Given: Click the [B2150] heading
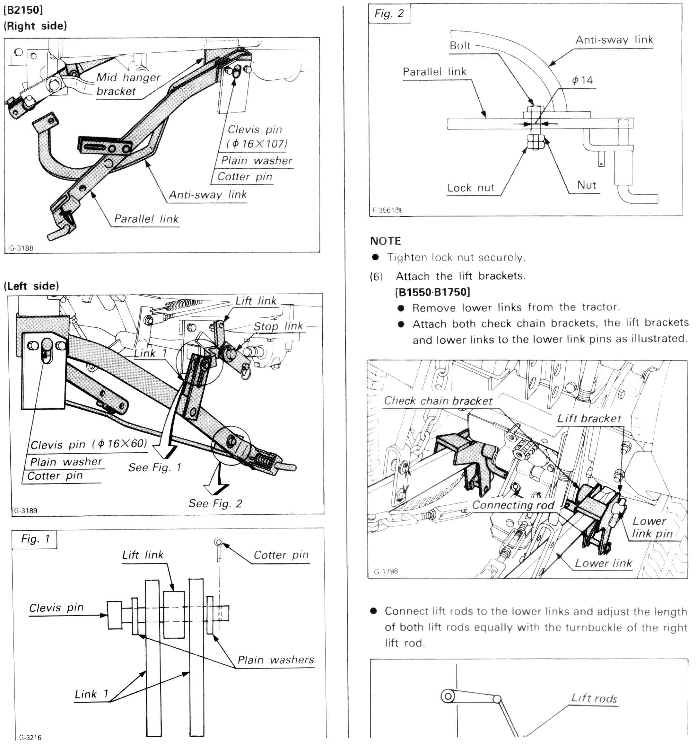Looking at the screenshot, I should tap(23, 10).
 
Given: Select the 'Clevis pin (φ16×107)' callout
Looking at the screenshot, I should tap(256, 136).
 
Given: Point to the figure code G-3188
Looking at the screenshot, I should tap(21, 248).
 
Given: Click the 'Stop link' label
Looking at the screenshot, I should tap(278, 326).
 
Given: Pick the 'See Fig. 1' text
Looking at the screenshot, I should tap(155, 467).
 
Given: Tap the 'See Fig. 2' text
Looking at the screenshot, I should tap(215, 503).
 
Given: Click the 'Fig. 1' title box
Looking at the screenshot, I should tap(35, 538).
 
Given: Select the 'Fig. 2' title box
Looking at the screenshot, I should tap(389, 13).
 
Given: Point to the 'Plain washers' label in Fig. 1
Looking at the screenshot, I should tap(275, 659).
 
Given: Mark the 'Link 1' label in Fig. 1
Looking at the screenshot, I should tap(91, 694).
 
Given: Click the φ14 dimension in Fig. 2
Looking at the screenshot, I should tap(582, 80).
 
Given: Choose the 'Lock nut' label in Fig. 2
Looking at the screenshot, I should tap(470, 188).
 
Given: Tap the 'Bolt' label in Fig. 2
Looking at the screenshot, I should tap(460, 46).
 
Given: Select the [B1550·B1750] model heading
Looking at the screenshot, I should tap(432, 292).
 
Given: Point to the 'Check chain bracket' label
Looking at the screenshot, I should tap(438, 401).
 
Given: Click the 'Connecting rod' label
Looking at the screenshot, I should tap(513, 505).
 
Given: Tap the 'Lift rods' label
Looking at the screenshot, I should tap(594, 698).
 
